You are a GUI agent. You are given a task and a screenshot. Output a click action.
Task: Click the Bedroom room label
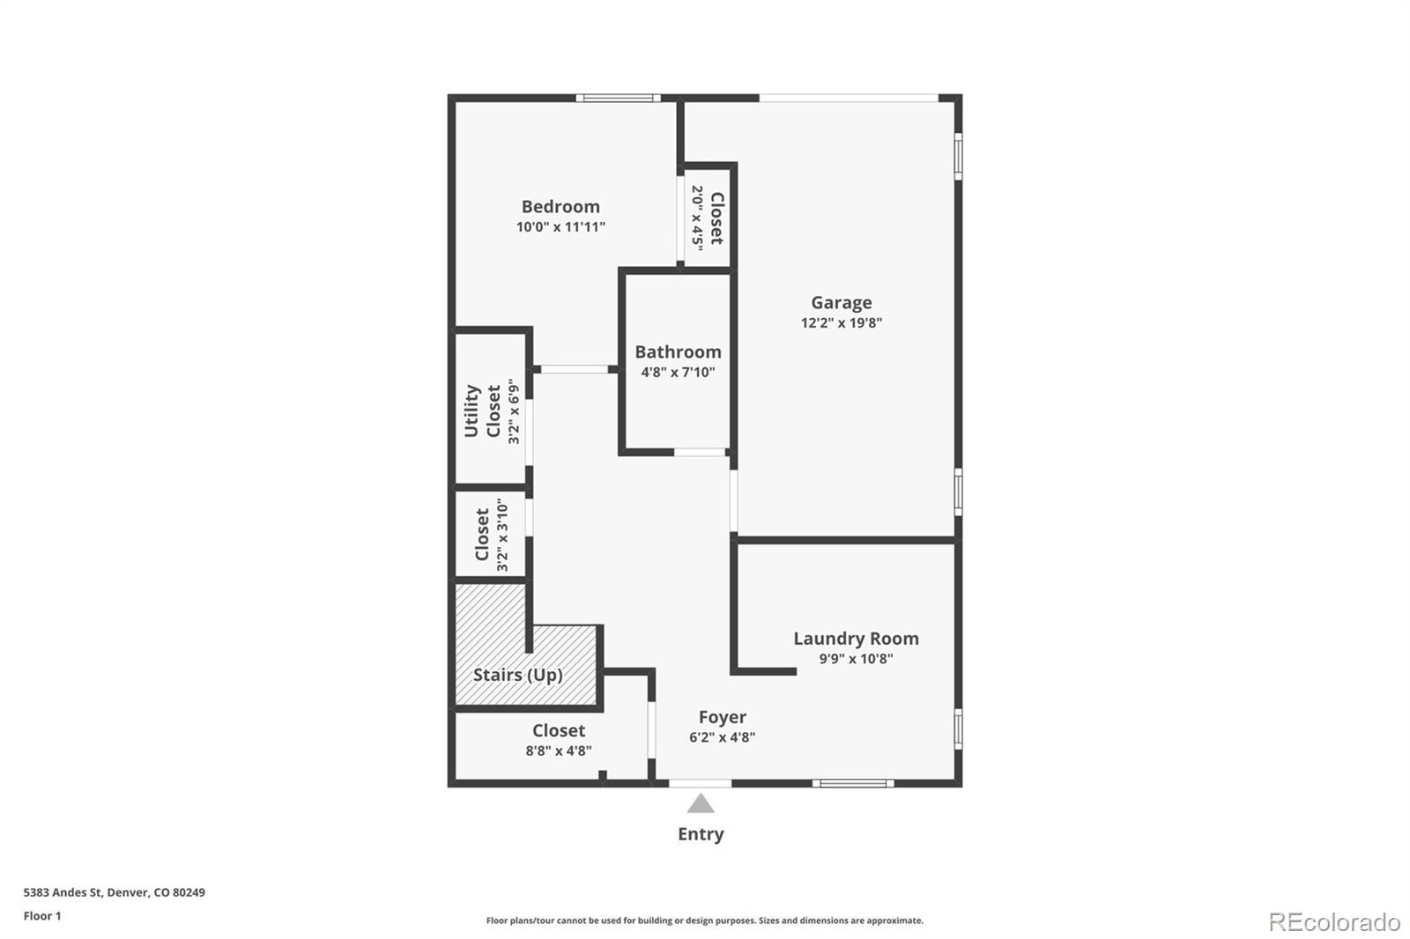click(x=560, y=207)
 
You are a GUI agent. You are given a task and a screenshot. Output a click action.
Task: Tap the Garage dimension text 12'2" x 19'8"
click(x=841, y=322)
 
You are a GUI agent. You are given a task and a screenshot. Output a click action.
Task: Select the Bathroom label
click(x=678, y=352)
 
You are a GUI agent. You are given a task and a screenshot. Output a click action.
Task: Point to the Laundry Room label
click(x=856, y=639)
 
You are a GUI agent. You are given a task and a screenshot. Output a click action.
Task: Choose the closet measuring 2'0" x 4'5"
click(x=707, y=217)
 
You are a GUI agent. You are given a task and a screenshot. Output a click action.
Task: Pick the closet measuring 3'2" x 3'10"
click(x=490, y=534)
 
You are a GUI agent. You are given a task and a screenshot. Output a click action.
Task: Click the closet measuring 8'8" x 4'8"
click(x=558, y=740)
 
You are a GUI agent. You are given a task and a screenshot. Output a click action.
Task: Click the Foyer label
click(x=722, y=717)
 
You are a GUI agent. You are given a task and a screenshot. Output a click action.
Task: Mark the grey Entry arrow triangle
click(x=701, y=803)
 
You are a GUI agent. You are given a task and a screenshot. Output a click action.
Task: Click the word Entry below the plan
click(x=701, y=834)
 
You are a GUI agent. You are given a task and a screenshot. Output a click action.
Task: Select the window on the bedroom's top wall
click(x=618, y=98)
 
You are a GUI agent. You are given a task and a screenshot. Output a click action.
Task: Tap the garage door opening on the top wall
click(x=848, y=98)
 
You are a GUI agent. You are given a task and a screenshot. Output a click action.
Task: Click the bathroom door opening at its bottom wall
click(x=700, y=452)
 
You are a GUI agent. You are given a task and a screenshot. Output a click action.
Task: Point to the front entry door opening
click(x=700, y=782)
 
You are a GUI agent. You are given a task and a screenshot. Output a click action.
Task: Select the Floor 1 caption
click(x=42, y=916)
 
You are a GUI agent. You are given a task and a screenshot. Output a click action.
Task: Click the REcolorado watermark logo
click(x=1334, y=922)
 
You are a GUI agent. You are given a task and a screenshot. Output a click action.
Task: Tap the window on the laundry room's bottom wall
click(x=852, y=782)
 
